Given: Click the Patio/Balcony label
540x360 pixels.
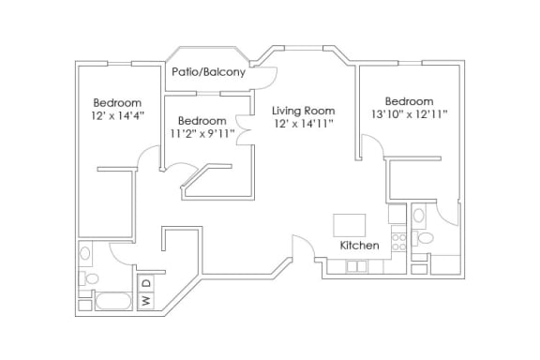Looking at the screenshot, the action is click(x=208, y=72).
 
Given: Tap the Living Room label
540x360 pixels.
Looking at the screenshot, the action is click(x=304, y=111).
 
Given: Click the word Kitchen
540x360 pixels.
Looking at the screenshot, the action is click(x=360, y=246).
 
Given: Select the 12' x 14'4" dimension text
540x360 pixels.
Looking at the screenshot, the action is click(x=117, y=115).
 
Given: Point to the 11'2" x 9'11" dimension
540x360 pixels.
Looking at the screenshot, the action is click(x=202, y=133).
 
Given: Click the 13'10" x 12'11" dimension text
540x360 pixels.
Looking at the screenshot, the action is click(x=410, y=113).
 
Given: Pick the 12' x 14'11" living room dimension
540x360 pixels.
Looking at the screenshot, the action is click(x=304, y=124).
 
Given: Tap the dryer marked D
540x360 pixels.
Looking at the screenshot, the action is click(x=146, y=283).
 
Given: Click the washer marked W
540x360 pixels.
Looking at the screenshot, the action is click(x=146, y=300).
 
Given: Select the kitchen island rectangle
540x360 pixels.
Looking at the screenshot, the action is click(x=349, y=225).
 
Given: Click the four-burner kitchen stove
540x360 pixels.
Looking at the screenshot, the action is click(x=398, y=242).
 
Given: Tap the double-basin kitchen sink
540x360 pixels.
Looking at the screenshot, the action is click(x=356, y=266).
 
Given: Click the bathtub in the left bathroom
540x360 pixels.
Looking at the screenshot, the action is click(x=113, y=302).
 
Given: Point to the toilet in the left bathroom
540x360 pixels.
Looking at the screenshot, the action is click(x=89, y=278).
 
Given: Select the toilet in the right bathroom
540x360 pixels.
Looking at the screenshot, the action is click(x=423, y=238).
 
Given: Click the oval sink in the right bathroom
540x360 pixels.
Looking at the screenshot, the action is click(x=419, y=216).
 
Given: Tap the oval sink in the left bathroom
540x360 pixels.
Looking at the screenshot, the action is click(x=85, y=253).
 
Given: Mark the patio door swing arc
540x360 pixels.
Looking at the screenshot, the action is click(x=272, y=82).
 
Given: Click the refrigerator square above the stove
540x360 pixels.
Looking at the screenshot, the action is click(x=397, y=215).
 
